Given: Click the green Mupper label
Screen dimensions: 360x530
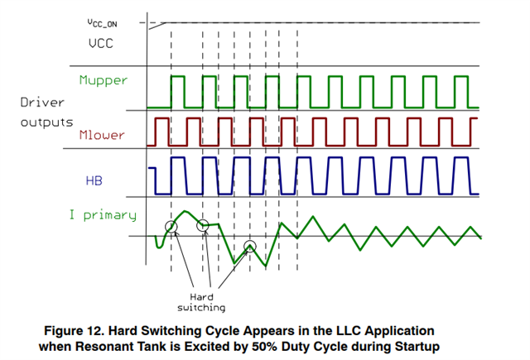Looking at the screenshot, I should click(104, 81).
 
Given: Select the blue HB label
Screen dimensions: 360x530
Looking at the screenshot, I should click(95, 180).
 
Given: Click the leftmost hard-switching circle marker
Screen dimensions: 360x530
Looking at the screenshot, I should click(171, 227).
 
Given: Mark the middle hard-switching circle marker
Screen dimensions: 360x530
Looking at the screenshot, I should click(202, 225).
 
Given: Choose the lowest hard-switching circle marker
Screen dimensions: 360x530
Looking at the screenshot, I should click(251, 246).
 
